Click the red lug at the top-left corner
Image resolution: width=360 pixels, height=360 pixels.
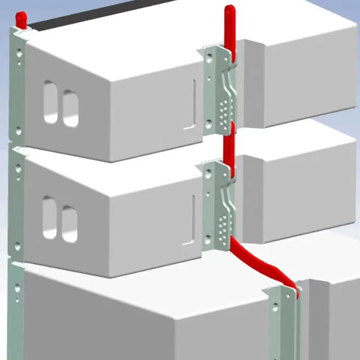20,19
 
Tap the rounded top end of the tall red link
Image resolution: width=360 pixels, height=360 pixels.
229,10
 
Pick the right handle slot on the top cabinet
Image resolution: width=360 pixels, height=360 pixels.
70,108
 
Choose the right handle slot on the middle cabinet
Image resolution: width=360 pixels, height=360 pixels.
69,223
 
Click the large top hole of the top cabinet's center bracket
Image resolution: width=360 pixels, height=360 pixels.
210,56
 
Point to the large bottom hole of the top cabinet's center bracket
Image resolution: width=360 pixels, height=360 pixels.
209,124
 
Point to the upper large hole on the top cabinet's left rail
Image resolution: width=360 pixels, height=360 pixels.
20,54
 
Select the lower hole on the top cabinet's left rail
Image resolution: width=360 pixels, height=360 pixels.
19,130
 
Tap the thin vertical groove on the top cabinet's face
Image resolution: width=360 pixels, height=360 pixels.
194,101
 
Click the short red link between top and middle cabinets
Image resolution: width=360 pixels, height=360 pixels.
228,147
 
